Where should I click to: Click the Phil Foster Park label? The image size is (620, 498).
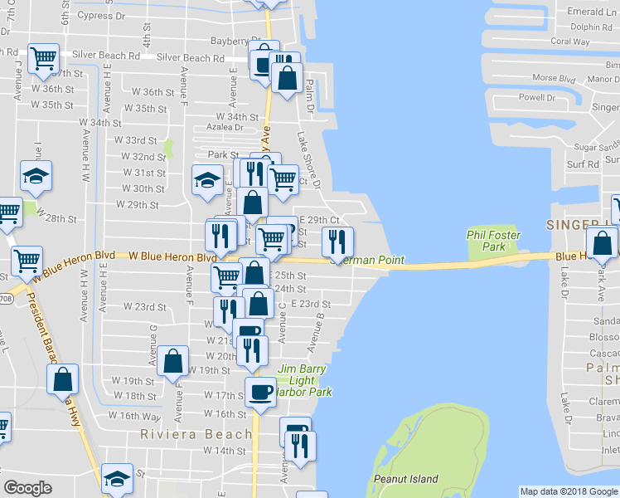[x=486, y=241]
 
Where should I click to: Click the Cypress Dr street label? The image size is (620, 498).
[x=101, y=15]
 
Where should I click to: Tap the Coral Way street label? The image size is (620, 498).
[x=570, y=41]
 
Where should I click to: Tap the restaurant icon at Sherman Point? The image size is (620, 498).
[x=337, y=241]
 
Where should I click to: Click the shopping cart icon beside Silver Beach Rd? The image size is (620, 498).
[x=43, y=58]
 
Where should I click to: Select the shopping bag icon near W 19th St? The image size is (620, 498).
[x=172, y=360]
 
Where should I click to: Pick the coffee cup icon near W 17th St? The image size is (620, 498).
[x=261, y=391]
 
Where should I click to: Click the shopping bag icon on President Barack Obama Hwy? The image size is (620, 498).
[x=63, y=379]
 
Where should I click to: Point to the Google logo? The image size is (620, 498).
[x=27, y=488]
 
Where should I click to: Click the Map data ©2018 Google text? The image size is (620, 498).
[x=568, y=491]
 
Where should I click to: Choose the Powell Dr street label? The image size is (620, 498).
[x=537, y=97]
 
